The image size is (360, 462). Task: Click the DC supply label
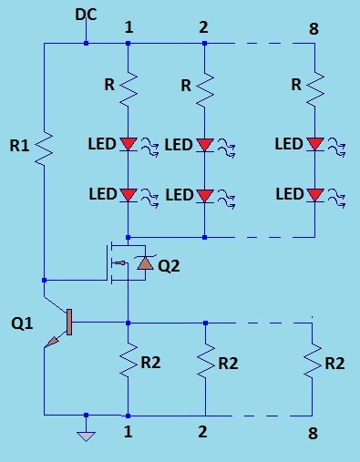click(x=86, y=15)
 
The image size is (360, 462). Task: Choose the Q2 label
click(x=169, y=266)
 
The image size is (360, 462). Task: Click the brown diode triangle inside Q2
click(x=142, y=265)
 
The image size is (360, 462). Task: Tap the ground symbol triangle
click(x=86, y=436)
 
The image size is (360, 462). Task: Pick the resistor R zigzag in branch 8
click(x=314, y=89)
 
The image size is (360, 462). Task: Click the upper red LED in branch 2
click(x=204, y=144)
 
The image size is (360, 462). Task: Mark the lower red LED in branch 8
click(x=314, y=194)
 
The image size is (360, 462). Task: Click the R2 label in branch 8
click(x=334, y=363)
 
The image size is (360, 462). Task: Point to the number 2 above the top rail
click(x=203, y=26)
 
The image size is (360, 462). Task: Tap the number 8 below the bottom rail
click(x=314, y=432)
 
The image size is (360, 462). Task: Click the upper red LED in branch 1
click(x=129, y=144)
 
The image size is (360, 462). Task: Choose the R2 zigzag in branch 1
click(x=129, y=363)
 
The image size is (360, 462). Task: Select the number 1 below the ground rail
click(x=128, y=432)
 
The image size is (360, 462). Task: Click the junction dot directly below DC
click(x=86, y=43)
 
